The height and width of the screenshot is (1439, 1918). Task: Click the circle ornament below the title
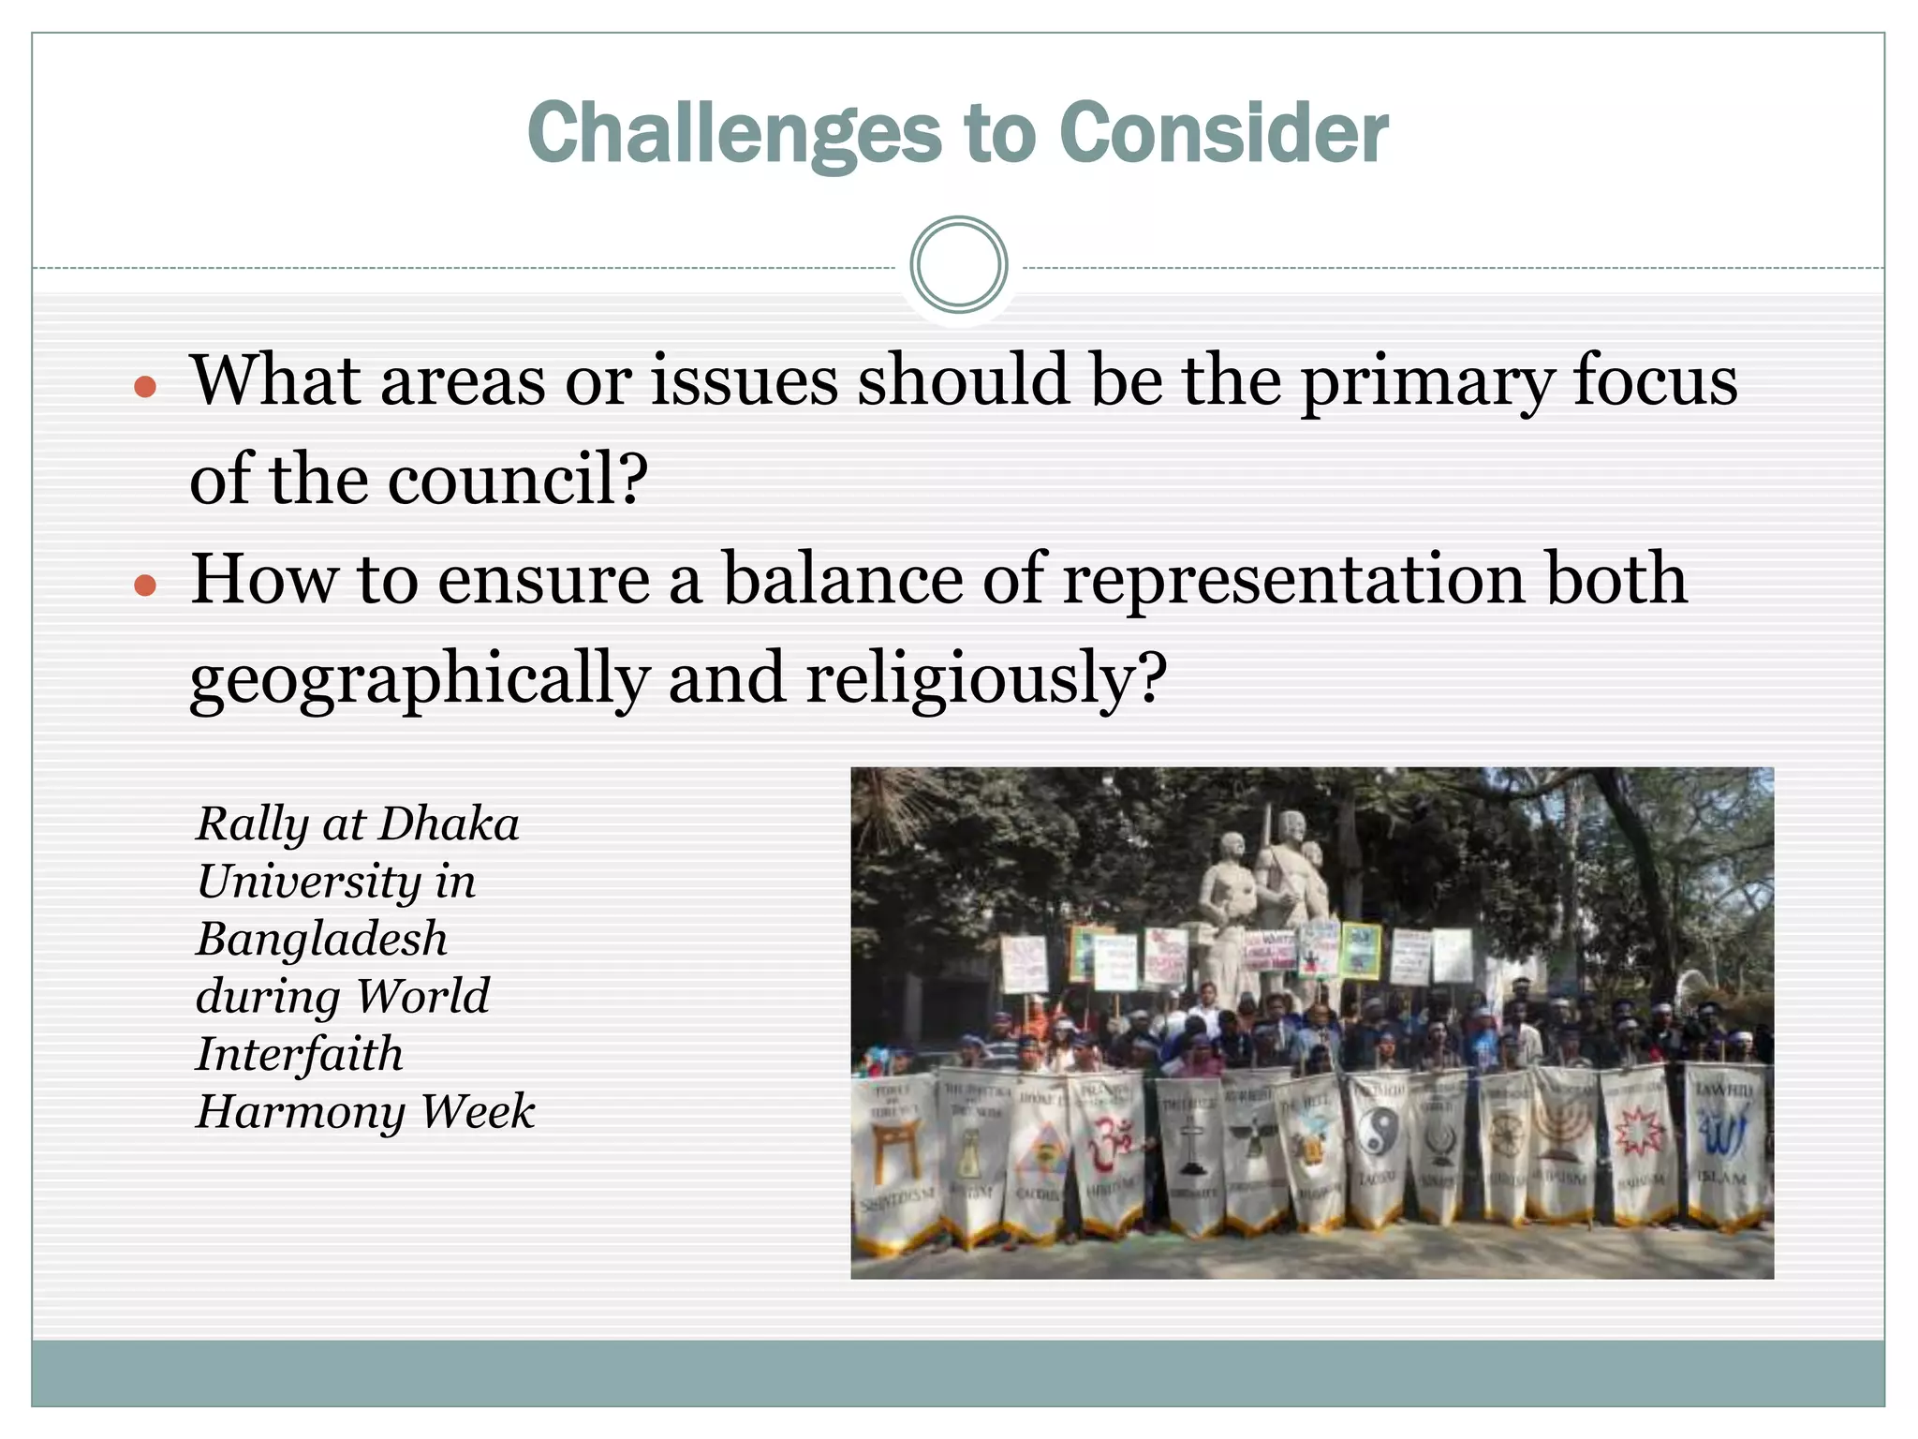pyautogui.click(x=958, y=265)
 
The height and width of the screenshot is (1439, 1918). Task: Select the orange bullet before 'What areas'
pyautogui.click(x=144, y=386)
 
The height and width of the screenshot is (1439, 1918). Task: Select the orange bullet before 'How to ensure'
pyautogui.click(x=144, y=586)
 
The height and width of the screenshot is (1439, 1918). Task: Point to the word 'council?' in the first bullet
pyautogui.click(x=518, y=479)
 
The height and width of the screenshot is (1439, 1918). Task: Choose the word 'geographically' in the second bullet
pyautogui.click(x=419, y=679)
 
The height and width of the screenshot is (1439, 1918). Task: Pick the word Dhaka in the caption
pyautogui.click(x=450, y=824)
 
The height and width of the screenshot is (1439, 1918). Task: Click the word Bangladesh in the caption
pyautogui.click(x=322, y=939)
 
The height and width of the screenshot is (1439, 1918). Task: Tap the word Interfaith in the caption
pyautogui.click(x=300, y=1054)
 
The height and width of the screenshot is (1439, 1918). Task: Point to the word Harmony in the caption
pyautogui.click(x=299, y=1112)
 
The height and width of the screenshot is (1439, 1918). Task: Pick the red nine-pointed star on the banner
pyautogui.click(x=1641, y=1133)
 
